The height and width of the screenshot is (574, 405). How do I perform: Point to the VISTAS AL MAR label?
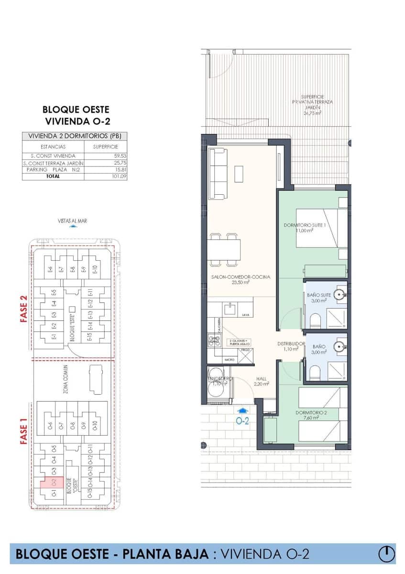pos(72,221)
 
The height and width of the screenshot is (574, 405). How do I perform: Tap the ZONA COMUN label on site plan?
pos(64,379)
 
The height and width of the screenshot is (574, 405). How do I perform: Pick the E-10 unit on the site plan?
pos(95,270)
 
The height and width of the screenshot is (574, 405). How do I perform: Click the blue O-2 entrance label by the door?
pos(243,421)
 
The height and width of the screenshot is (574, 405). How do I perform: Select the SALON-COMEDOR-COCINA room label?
pos(241,277)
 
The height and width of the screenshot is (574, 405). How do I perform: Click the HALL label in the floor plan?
pos(261,378)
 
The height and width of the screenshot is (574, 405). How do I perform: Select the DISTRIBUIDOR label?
pos(291,343)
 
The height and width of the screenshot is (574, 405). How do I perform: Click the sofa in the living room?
pos(219,174)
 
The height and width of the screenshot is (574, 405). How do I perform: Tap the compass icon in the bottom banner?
pos(386,554)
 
